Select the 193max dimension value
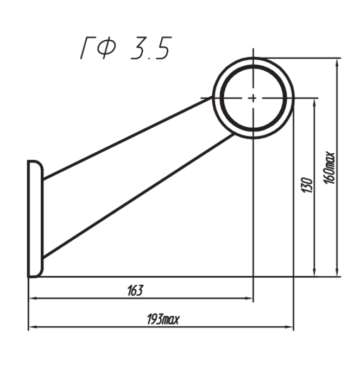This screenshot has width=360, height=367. coord(162,320)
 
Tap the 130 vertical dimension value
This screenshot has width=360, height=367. coord(306,186)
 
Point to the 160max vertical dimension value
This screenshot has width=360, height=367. coord(330,167)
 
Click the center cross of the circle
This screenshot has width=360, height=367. coord(253,97)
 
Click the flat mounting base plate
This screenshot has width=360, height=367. coord(35,219)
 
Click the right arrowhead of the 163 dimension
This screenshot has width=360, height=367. coord(250,298)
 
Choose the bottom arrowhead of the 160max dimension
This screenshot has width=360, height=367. coord(338,272)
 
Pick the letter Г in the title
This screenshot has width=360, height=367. coord(87,48)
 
